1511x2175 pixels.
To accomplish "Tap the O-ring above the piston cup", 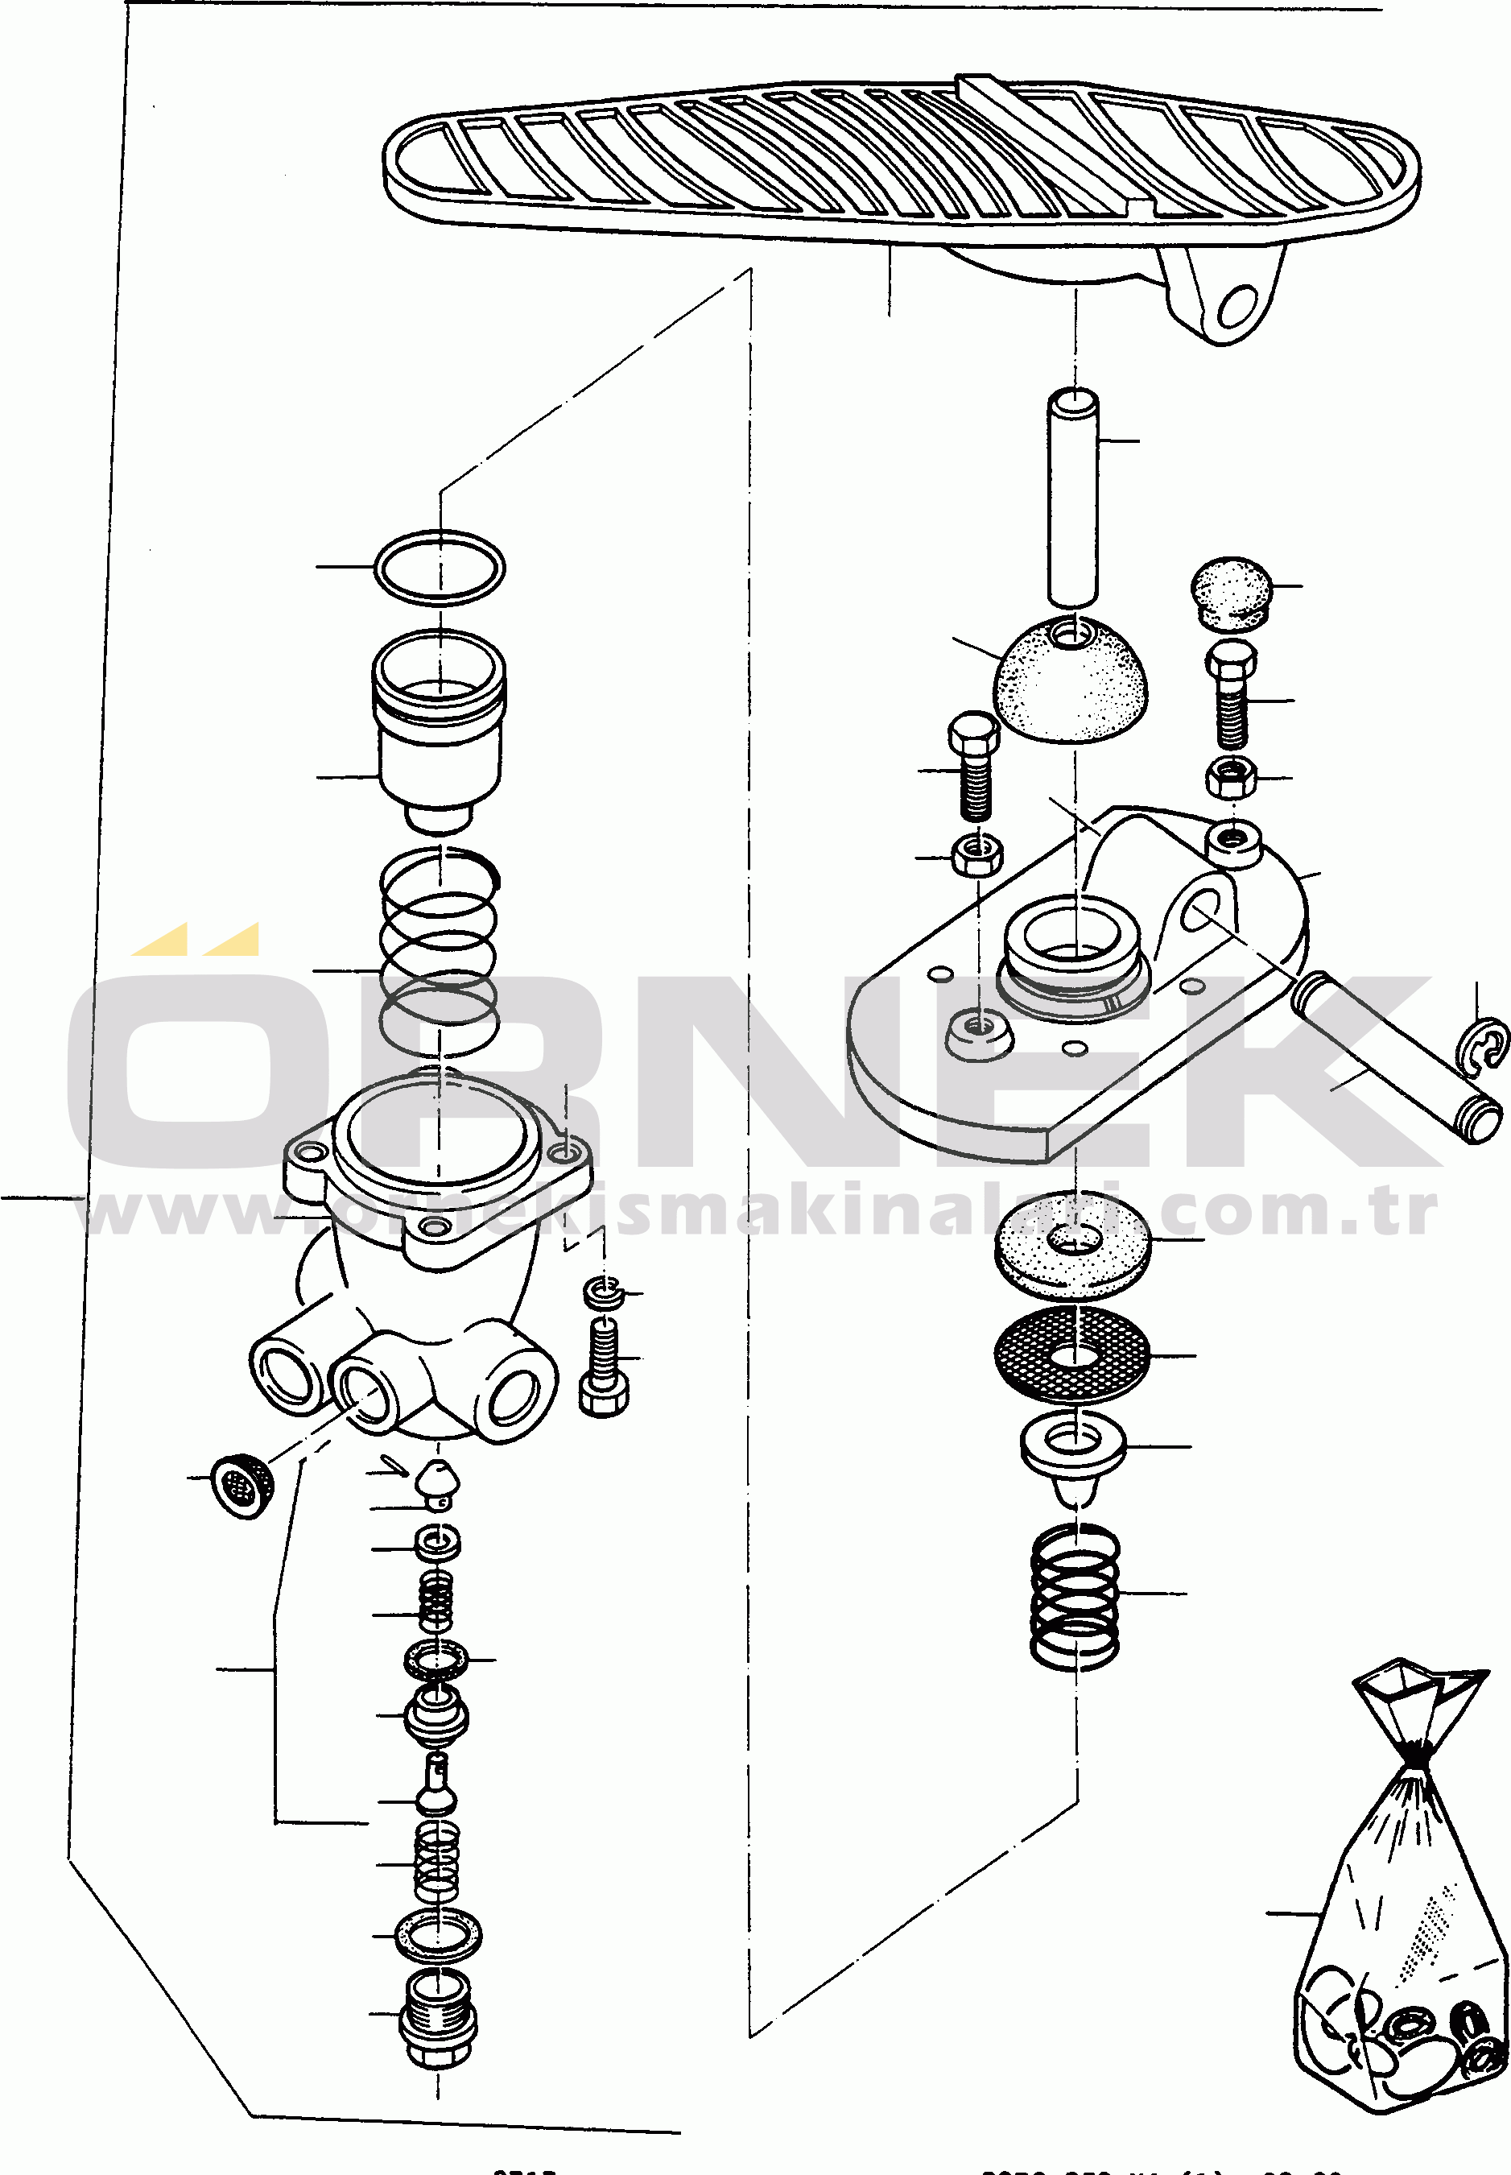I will [x=440, y=567].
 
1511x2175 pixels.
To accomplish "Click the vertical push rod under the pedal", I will [x=1072, y=497].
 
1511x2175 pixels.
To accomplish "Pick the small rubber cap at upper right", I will [x=1230, y=592].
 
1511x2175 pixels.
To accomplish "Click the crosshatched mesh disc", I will [x=1072, y=1356].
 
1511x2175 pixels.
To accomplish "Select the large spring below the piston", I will [x=440, y=952].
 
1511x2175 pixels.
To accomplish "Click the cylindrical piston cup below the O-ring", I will [x=440, y=729].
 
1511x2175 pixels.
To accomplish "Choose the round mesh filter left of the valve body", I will [x=243, y=1487].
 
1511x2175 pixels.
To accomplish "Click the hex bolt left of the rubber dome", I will [x=974, y=766].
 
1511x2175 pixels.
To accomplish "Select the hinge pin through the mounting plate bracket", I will [x=1392, y=1056].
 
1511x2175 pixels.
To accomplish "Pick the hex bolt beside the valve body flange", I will [x=604, y=1368].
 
